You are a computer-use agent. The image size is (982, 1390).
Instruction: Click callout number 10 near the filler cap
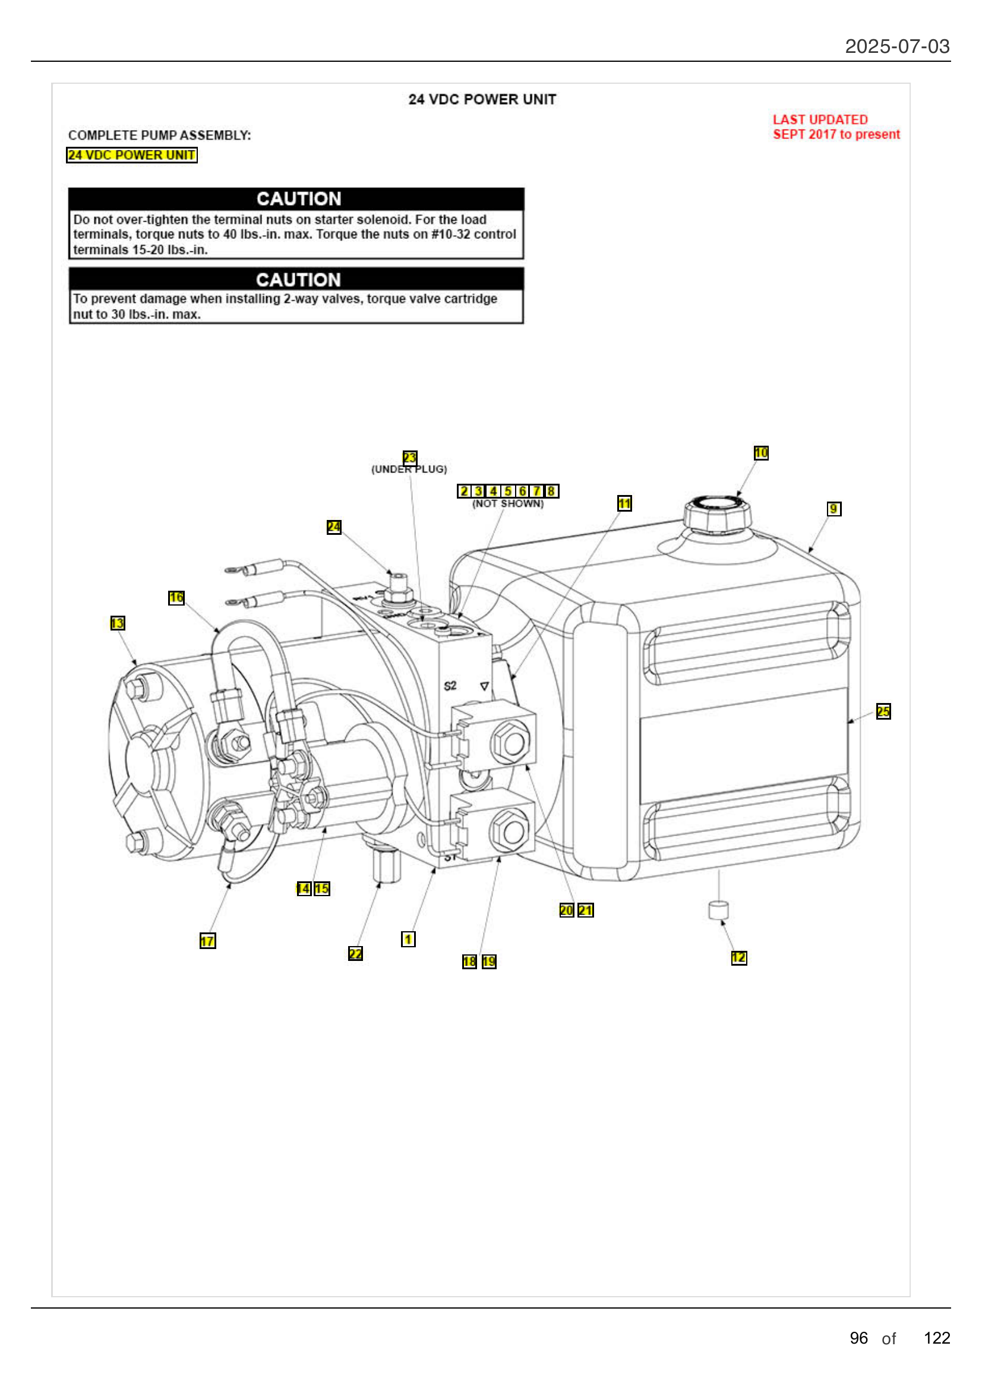coord(760,453)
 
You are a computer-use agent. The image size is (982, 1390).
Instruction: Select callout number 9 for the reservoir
coord(833,509)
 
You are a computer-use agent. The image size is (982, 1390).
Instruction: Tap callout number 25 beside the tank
coord(883,711)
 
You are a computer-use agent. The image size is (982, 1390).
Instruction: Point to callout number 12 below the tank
coord(738,958)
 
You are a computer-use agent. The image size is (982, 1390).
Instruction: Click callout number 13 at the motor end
coord(118,623)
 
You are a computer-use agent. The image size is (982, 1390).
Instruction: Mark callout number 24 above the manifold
coord(333,527)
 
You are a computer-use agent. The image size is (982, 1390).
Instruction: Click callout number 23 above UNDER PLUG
coord(410,457)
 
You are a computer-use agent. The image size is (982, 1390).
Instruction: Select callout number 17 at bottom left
coord(207,941)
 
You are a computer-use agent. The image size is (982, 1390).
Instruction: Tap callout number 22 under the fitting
coord(355,953)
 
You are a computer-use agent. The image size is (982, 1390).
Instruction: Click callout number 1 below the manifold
coord(408,939)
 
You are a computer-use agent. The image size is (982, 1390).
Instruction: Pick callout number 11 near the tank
coord(624,503)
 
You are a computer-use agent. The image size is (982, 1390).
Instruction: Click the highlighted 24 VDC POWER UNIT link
coord(131,155)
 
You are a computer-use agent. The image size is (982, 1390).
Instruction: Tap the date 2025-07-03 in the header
coord(896,46)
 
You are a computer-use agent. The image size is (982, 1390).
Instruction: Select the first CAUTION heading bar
coord(296,198)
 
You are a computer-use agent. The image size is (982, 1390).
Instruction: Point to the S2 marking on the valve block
coord(450,686)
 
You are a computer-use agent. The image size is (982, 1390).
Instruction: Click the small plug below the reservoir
coord(718,910)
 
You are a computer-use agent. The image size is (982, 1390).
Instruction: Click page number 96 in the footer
coord(858,1338)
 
